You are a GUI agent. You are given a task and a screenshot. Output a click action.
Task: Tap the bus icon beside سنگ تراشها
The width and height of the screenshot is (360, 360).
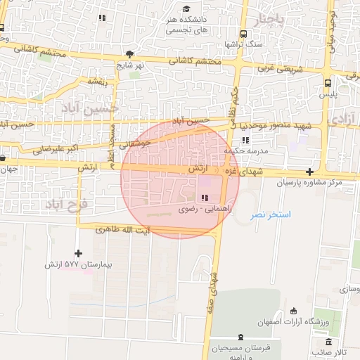coord(243,34)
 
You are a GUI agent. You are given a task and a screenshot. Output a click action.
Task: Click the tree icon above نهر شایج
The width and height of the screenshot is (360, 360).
coord(129,53)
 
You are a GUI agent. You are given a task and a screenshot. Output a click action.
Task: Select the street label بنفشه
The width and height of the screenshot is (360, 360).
coord(99,82)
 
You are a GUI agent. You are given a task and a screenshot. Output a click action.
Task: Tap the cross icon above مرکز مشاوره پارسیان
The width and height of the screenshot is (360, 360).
coord(309,172)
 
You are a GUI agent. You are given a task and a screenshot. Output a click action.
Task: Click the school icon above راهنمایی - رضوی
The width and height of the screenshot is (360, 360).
coord(204,198)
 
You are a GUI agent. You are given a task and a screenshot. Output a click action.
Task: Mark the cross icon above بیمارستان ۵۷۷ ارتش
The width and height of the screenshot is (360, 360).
coord(78,253)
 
